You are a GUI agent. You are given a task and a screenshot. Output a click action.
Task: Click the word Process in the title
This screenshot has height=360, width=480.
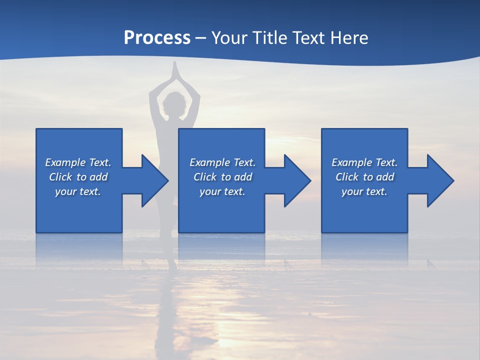[157, 38]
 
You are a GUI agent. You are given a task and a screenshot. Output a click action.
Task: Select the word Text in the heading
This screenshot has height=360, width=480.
[309, 38]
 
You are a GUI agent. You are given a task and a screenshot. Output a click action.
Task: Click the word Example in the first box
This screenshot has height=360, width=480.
[65, 162]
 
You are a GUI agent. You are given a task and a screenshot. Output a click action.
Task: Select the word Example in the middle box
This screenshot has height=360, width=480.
[209, 162]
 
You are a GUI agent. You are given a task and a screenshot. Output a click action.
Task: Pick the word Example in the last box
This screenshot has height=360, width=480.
[351, 162]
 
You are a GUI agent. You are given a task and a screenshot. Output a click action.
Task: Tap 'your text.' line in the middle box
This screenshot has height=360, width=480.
[222, 191]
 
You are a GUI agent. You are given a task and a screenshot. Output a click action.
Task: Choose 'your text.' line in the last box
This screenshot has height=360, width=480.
[364, 191]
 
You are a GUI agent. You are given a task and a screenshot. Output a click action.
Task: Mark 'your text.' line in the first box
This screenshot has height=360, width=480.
[78, 191]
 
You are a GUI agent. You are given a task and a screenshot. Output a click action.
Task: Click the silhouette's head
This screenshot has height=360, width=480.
[174, 104]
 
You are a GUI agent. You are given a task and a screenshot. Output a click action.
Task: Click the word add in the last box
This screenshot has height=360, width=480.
[385, 177]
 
